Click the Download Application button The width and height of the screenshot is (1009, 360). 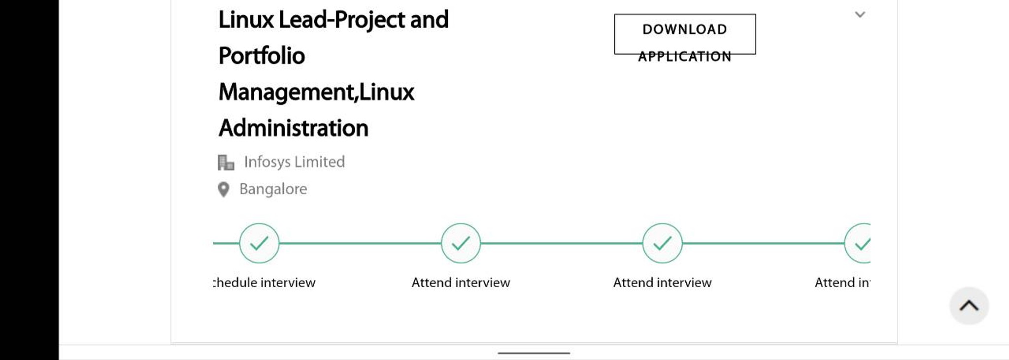(685, 34)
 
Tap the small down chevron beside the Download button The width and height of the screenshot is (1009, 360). (860, 15)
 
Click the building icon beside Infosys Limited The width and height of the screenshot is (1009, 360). (226, 162)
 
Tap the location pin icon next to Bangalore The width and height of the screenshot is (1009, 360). (223, 189)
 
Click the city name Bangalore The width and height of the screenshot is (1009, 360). (273, 189)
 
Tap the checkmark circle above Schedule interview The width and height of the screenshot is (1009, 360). (259, 243)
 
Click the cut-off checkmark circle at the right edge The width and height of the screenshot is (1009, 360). (858, 243)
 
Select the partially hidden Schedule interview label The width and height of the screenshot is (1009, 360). (265, 282)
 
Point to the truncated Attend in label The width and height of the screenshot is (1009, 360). (842, 282)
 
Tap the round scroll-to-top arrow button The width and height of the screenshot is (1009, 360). (969, 306)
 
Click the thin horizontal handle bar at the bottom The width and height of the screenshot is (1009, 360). (534, 353)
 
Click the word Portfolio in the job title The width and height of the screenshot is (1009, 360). (262, 56)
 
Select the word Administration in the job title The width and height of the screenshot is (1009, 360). (293, 128)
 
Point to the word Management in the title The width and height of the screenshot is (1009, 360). (286, 92)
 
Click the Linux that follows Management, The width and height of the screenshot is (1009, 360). (387, 92)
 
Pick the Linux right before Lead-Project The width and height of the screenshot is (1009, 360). (246, 20)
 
